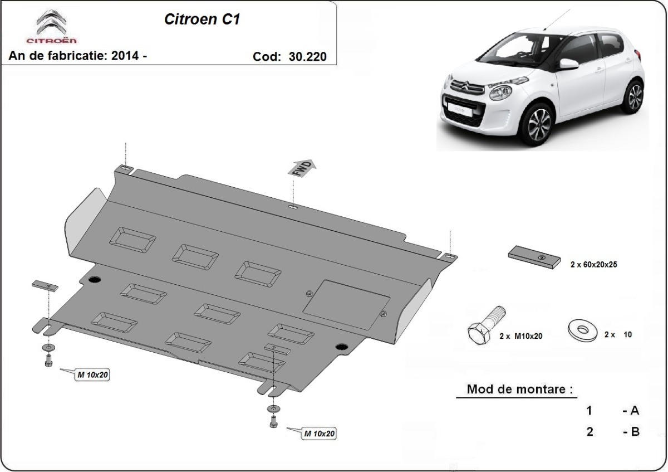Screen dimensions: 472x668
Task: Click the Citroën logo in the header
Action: click(x=52, y=26)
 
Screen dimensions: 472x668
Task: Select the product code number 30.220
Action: click(x=307, y=56)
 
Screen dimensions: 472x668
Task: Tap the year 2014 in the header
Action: click(x=124, y=56)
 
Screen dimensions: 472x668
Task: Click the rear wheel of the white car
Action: click(x=634, y=96)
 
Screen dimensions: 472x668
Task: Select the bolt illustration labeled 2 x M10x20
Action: click(x=485, y=326)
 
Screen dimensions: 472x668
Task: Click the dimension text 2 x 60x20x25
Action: click(x=593, y=265)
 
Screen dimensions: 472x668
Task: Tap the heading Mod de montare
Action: click(x=519, y=389)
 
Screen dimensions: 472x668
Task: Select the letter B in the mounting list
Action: click(x=634, y=431)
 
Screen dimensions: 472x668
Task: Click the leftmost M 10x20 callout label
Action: click(x=92, y=375)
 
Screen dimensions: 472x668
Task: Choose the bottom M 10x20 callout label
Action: click(x=319, y=433)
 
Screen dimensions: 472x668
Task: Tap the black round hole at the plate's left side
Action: click(x=94, y=279)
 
